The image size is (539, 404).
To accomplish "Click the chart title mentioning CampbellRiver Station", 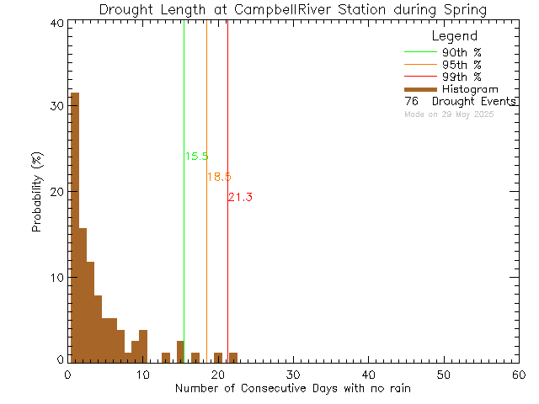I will click(292, 9).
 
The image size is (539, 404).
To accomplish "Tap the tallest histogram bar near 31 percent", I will click(74, 227).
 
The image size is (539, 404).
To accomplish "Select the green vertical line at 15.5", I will click(184, 252).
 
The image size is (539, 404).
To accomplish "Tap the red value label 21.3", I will click(240, 197).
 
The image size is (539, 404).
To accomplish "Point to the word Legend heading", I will click(454, 36).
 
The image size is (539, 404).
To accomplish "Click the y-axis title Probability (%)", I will click(37, 192).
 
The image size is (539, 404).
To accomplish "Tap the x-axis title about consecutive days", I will click(293, 388).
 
